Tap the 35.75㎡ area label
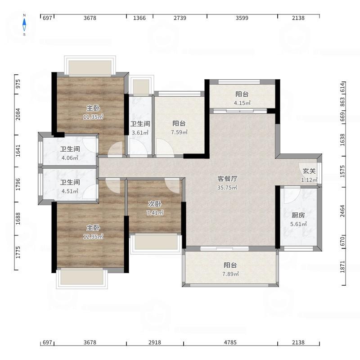click(227, 188)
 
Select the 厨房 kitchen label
click(298, 215)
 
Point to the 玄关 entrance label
click(309, 171)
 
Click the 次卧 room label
click(155, 204)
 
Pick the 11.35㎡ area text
click(93, 117)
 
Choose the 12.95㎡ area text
click(93, 237)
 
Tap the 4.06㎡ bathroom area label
click(70, 158)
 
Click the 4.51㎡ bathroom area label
click(70, 191)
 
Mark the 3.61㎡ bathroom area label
click(140, 133)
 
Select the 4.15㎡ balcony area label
click(242, 103)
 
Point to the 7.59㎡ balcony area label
click(179, 132)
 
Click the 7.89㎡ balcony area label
click(230, 274)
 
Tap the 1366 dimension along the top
click(139, 18)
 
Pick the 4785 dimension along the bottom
click(230, 342)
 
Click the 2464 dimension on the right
click(342, 211)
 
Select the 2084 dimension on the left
click(18, 114)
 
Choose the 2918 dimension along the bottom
click(155, 342)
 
